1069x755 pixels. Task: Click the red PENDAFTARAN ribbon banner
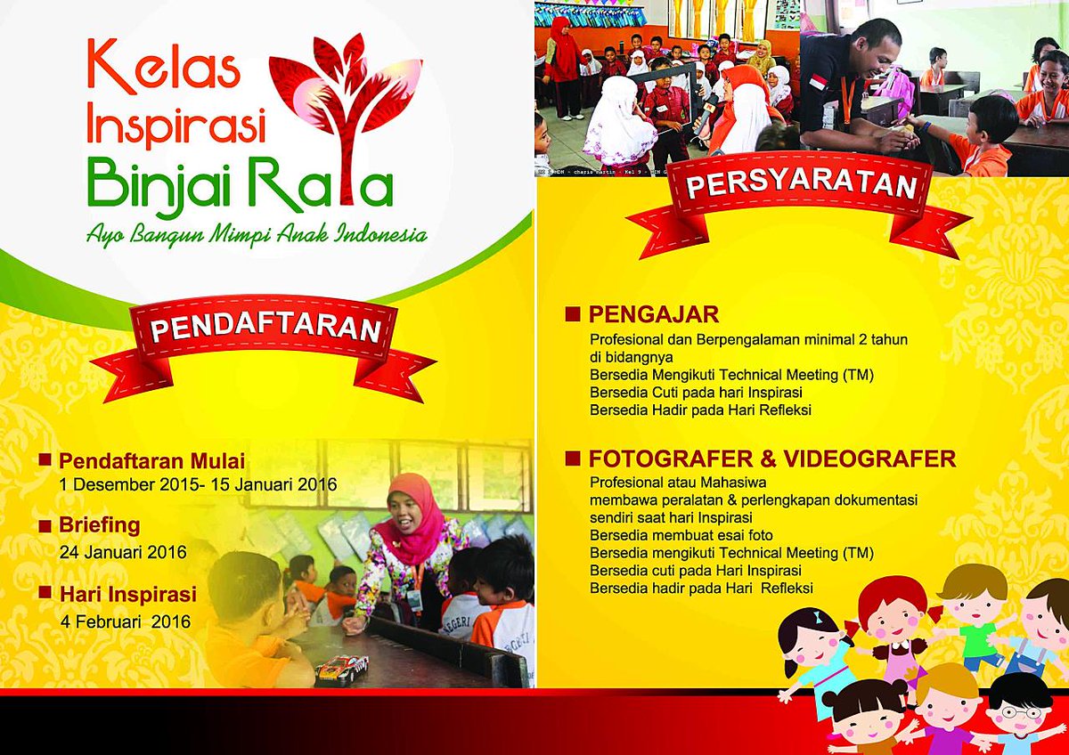coord(265,329)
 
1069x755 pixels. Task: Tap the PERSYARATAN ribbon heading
coord(801,187)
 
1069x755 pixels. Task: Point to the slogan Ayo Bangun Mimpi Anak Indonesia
coord(257,235)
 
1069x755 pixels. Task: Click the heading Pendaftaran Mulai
coord(151,461)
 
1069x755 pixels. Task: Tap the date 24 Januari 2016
coord(123,552)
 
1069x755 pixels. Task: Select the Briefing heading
coord(100,524)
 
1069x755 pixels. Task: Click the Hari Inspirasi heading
coord(127,593)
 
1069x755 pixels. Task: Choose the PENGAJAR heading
coord(653,314)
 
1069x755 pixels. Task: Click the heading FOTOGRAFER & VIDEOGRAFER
coord(771,459)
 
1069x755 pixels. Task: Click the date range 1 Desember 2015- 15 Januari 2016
coord(198,485)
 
